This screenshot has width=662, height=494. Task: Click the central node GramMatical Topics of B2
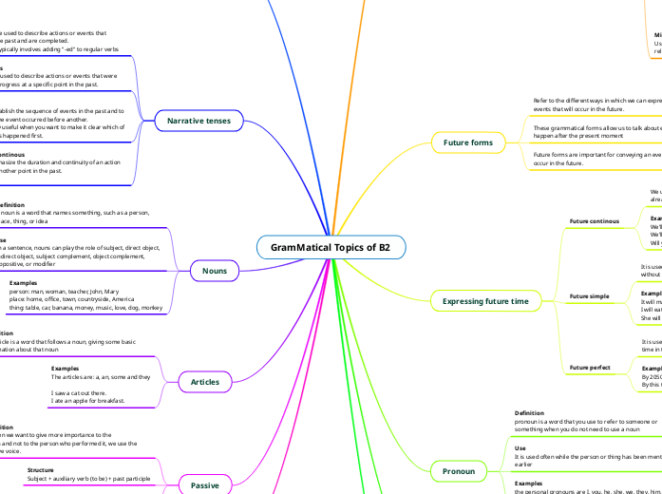click(331, 248)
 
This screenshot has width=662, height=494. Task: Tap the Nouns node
click(214, 271)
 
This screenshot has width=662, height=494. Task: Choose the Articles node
click(205, 382)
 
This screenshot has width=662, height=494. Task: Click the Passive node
click(205, 485)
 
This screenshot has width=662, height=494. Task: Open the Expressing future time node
click(485, 301)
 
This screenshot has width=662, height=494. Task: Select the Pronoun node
click(460, 470)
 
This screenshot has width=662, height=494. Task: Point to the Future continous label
click(595, 221)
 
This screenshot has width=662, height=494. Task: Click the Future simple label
click(590, 296)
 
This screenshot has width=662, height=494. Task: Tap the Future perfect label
click(591, 367)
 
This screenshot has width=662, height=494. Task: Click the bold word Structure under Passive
click(40, 470)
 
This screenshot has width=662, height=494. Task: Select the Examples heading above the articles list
click(65, 368)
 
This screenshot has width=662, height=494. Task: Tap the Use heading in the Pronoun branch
click(520, 447)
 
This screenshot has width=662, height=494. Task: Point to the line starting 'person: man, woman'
click(64, 292)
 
